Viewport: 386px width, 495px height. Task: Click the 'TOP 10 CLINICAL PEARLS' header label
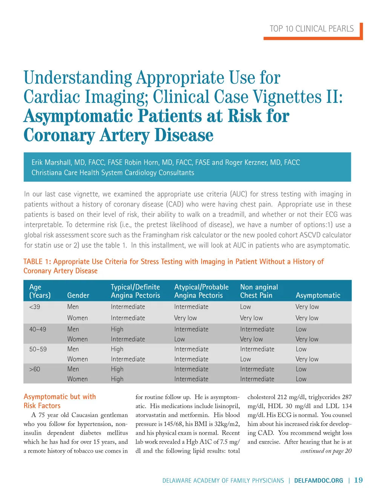(x=311, y=29)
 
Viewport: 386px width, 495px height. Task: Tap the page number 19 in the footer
(x=358, y=480)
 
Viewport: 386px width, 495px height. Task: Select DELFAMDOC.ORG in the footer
(x=319, y=481)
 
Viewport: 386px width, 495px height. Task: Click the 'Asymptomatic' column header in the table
(x=318, y=296)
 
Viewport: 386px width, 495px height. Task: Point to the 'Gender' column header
(x=78, y=296)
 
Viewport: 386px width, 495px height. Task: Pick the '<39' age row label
(x=35, y=307)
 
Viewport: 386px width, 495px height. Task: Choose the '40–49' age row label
(x=38, y=329)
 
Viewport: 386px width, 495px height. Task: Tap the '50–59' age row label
(x=38, y=349)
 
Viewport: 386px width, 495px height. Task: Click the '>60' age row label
(x=35, y=369)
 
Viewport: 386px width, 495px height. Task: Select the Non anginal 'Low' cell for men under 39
(x=245, y=307)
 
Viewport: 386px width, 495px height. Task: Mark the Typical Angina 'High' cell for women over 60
(x=117, y=379)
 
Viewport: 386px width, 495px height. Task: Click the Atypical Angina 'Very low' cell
(x=185, y=318)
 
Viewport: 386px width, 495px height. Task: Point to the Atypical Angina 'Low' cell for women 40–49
(x=179, y=339)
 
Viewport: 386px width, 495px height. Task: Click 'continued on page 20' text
(x=326, y=451)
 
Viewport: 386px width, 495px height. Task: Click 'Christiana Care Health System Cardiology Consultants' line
(x=113, y=173)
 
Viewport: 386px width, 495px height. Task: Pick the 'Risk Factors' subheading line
(x=42, y=406)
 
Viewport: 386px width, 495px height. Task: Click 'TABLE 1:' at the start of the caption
(x=37, y=262)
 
